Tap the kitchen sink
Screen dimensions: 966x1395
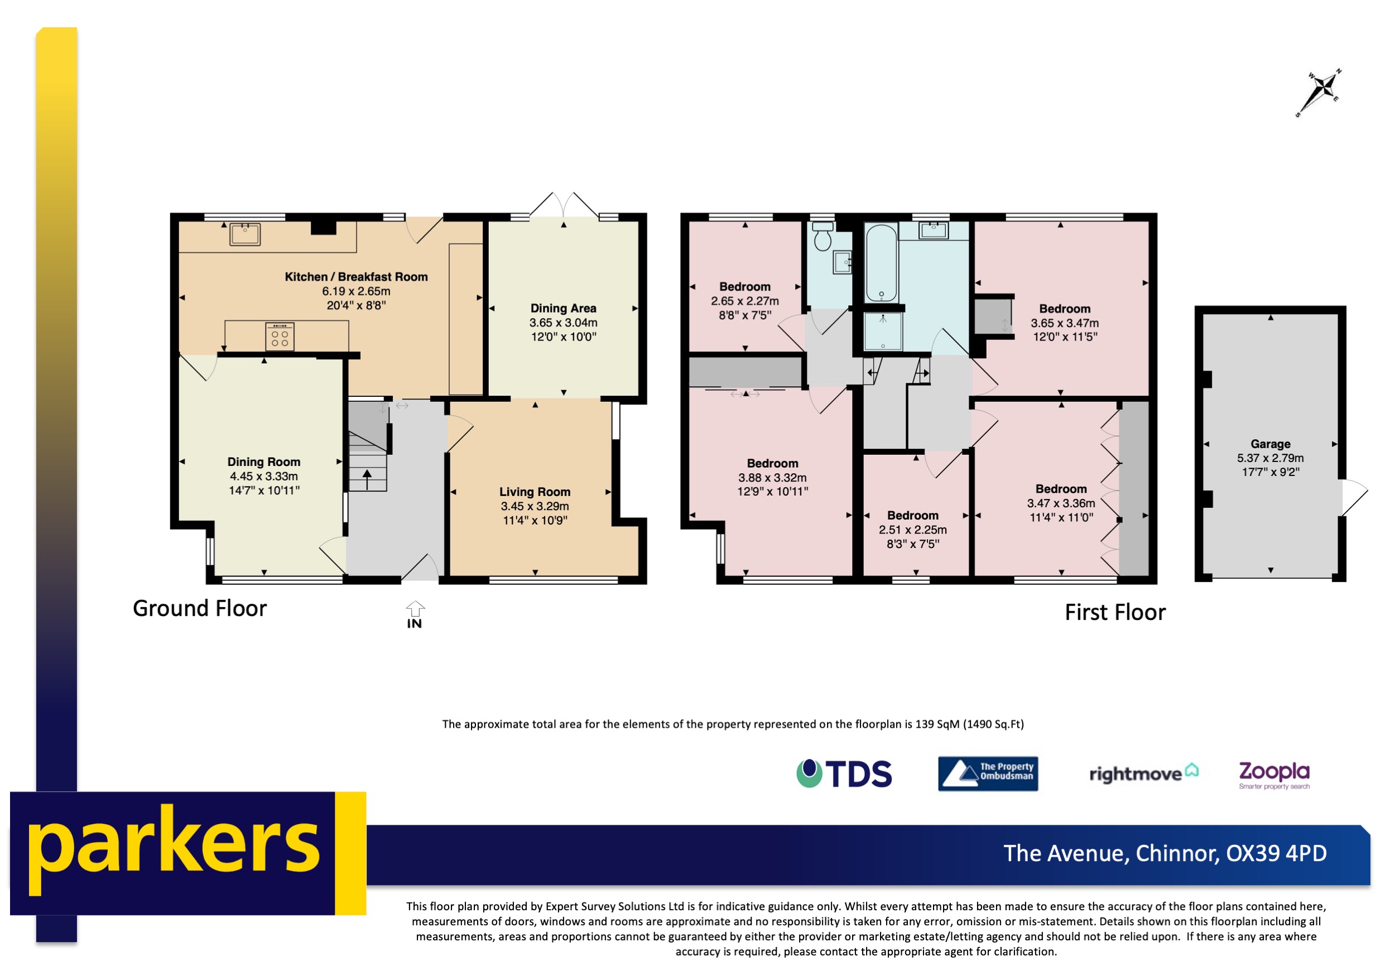pos(245,234)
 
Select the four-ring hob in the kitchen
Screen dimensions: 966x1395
pos(280,336)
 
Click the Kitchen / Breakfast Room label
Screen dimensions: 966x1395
pos(356,277)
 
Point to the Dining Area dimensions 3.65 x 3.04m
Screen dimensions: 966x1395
pos(563,323)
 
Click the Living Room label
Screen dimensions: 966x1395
pos(535,492)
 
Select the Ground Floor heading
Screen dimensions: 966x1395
pos(200,608)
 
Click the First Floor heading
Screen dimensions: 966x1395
pos(1115,612)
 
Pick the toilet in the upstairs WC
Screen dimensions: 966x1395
pos(822,237)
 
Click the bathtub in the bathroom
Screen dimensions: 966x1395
pos(881,263)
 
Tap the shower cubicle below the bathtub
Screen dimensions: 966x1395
pos(883,331)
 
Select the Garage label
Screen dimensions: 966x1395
pos(1271,444)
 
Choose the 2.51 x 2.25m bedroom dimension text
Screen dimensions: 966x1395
pos(913,530)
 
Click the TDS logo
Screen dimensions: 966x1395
pos(844,773)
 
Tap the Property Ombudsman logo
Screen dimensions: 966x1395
pos(988,773)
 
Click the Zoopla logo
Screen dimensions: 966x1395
pos(1274,773)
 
